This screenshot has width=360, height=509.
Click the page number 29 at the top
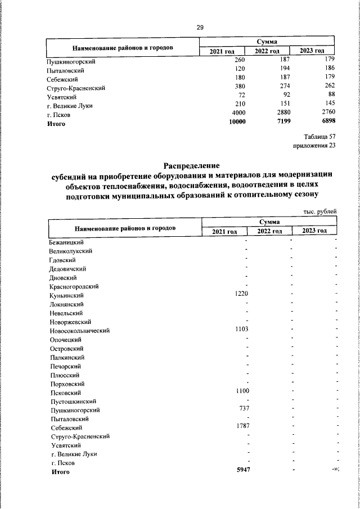click(200, 28)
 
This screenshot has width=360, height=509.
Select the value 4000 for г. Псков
click(238, 114)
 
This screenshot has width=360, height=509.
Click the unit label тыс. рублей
click(319, 211)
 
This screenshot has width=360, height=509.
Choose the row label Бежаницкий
click(66, 242)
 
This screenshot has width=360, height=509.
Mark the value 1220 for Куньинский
click(241, 294)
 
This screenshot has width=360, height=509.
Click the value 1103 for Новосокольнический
click(241, 329)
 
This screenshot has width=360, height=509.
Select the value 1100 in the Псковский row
click(241, 391)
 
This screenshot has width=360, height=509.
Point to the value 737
click(244, 409)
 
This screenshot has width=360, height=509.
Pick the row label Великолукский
click(70, 251)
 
